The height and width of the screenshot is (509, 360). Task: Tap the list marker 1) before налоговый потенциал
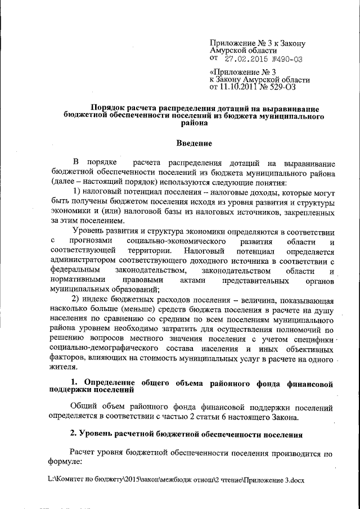pos(80,193)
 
